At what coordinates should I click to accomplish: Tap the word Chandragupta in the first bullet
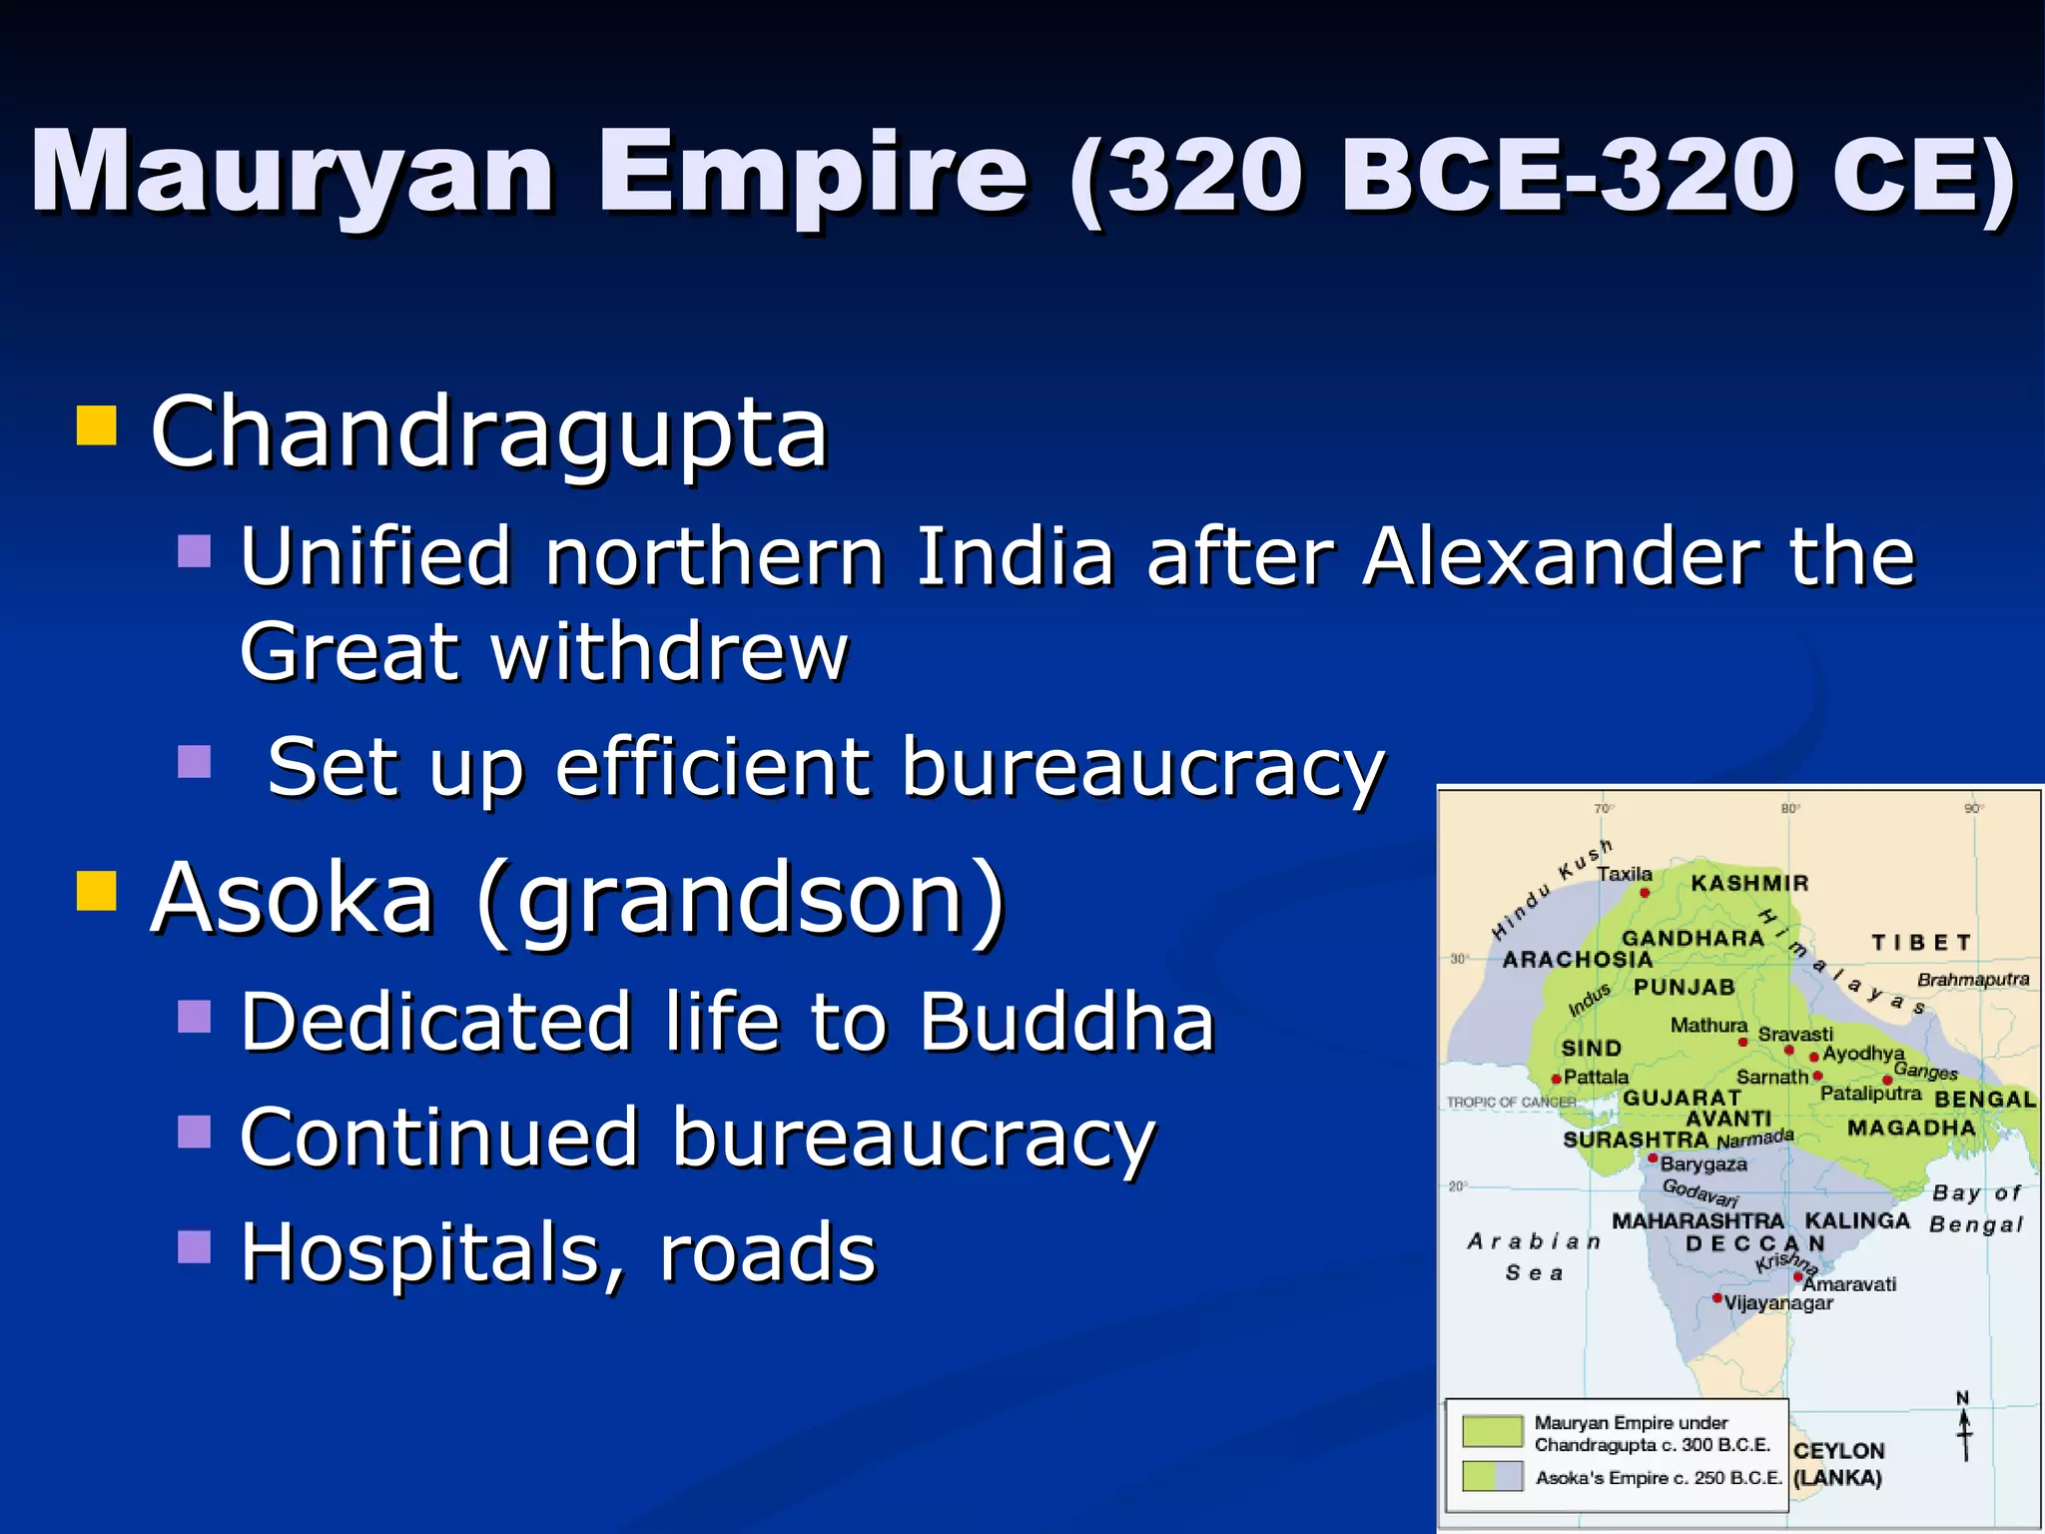coord(488,432)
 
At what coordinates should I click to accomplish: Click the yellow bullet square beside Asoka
coord(97,890)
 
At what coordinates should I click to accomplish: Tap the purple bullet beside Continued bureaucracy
coord(195,1133)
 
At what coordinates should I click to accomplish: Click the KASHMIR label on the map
coord(1749,883)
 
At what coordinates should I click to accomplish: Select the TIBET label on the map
coord(1921,943)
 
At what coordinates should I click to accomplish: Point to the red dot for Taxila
coord(1645,892)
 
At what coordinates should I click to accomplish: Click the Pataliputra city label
coord(1870,1094)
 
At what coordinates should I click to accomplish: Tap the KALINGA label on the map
coord(1857,1220)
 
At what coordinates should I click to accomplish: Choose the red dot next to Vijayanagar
coord(1716,1298)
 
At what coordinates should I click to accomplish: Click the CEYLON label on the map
coord(1838,1451)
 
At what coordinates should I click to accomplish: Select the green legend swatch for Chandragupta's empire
coord(1492,1431)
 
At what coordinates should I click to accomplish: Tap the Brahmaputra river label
coord(1973,980)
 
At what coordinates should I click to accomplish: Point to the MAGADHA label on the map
coord(1911,1128)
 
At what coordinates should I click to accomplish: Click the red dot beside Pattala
coord(1557,1079)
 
